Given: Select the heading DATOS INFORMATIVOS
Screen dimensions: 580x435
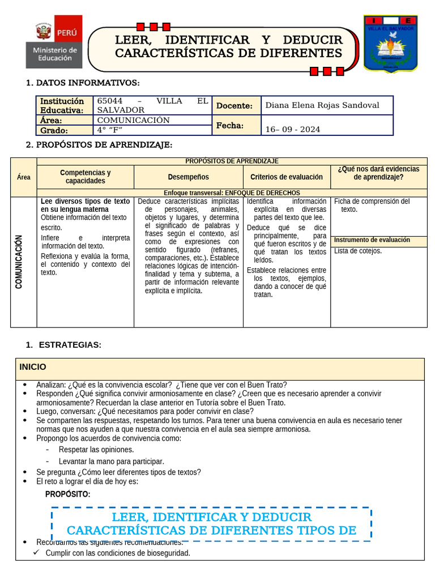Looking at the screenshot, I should point(88,83).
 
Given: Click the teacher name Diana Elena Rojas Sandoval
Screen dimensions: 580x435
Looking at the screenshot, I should point(322,105).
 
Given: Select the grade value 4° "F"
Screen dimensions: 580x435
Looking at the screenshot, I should point(110,130).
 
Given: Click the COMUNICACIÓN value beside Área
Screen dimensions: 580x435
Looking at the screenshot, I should point(134,120).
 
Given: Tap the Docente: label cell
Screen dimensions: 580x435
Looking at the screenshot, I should point(234,105).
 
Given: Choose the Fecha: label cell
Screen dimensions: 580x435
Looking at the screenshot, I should point(229,125).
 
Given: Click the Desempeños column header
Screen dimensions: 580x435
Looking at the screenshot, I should point(188,177).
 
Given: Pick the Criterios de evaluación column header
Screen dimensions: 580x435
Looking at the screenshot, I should point(287,177).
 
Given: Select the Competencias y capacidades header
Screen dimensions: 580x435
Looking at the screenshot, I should point(86,177).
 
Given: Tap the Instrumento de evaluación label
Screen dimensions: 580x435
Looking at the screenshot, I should point(372,240).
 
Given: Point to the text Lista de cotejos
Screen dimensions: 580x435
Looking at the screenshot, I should point(358,251).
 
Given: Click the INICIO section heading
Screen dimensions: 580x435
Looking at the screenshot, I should point(33,367).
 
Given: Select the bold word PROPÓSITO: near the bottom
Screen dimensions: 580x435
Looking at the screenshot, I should point(67,494).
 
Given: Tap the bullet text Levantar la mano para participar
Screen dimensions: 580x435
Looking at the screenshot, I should point(112,461).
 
